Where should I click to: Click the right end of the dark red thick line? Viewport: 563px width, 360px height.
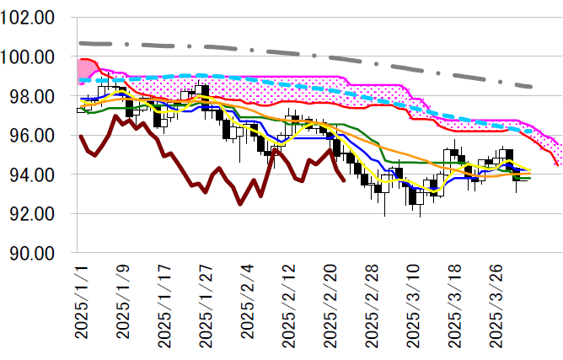343,180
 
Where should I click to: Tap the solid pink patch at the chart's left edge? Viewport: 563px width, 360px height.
84,69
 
